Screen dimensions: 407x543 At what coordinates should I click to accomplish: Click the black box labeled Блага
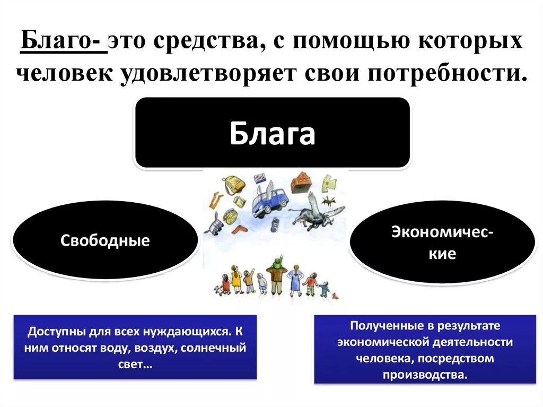(272, 133)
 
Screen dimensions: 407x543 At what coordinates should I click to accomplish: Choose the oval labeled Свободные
(105, 240)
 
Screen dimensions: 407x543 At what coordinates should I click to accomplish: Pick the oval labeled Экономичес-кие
(442, 243)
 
